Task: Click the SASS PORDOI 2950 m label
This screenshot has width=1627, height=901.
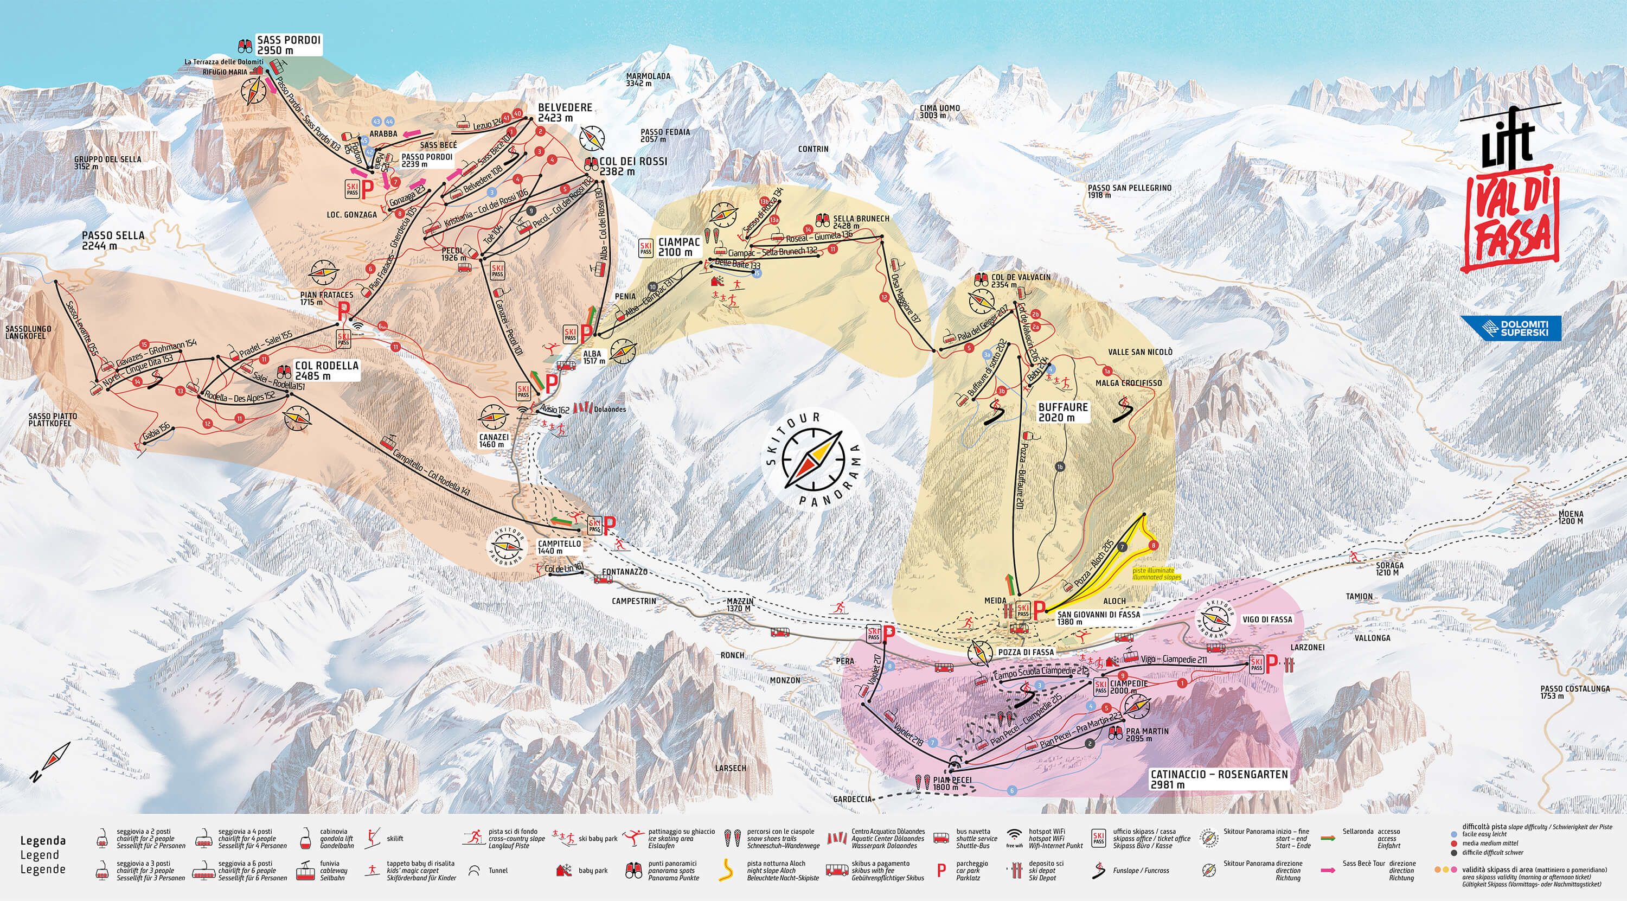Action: coord(289,45)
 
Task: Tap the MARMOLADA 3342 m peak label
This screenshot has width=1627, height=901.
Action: coord(648,80)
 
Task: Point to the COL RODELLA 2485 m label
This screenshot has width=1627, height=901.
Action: coord(326,370)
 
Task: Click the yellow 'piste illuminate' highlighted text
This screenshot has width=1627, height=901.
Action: coord(1156,573)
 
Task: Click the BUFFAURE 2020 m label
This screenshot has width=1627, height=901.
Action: coord(1063,412)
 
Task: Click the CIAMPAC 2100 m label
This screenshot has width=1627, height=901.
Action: coord(679,247)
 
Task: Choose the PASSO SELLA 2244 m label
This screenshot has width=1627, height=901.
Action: coord(113,239)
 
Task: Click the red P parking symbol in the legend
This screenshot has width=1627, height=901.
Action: coord(941,871)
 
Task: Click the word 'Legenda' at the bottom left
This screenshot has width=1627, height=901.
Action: coord(43,840)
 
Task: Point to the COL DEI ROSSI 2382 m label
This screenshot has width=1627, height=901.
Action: coord(633,165)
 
